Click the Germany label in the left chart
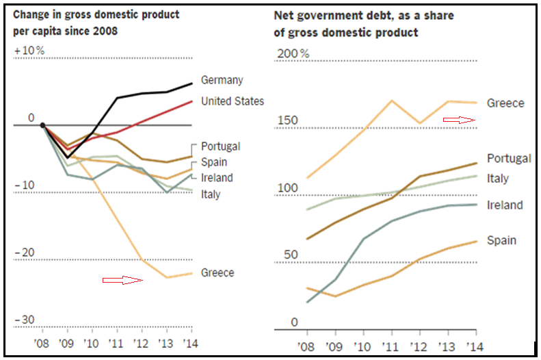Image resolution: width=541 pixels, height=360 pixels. [x=222, y=80]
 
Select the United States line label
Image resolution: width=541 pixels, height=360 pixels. [x=232, y=101]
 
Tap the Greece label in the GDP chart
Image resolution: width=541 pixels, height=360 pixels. [x=217, y=272]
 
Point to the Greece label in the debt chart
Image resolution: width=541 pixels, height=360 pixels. [x=505, y=103]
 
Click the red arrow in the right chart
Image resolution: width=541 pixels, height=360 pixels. [x=459, y=119]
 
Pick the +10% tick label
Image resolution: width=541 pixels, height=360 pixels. [x=29, y=51]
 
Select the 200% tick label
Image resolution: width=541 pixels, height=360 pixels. [x=292, y=54]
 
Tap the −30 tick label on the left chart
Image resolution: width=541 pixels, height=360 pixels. [x=25, y=320]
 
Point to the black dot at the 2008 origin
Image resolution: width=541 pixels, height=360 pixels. [x=42, y=125]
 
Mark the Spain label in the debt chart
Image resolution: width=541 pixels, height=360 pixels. [x=501, y=240]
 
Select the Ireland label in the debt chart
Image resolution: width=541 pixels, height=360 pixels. [x=505, y=205]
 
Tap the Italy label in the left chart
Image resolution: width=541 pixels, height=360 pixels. [x=211, y=194]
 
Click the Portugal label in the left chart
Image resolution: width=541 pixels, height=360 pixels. [x=220, y=146]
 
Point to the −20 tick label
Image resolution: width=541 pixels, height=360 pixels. [x=25, y=253]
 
